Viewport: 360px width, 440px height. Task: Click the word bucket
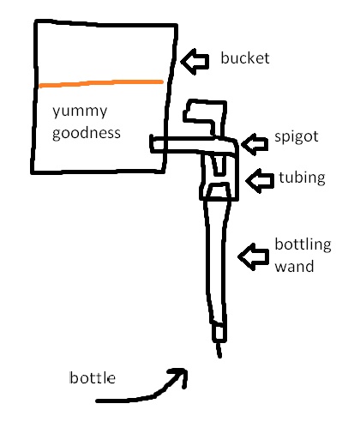click(x=245, y=58)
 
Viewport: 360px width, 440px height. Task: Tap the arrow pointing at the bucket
click(x=195, y=62)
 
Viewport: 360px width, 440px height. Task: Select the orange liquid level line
click(x=101, y=84)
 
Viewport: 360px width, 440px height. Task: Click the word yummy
click(x=80, y=112)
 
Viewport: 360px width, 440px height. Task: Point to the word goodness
click(x=87, y=134)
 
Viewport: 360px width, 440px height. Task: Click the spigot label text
click(x=297, y=136)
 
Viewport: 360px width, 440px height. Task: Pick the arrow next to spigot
click(x=255, y=144)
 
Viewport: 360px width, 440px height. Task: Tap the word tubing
click(x=302, y=178)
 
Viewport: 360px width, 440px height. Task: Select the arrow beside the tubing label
click(x=260, y=181)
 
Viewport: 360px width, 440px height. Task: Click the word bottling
click(x=303, y=244)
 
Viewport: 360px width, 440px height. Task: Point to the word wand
click(x=294, y=267)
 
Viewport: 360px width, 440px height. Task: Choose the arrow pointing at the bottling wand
click(x=254, y=256)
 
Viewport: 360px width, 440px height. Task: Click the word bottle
click(x=93, y=377)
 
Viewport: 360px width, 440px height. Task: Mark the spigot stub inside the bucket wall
click(x=158, y=144)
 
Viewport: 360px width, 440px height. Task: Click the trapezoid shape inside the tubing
click(x=219, y=190)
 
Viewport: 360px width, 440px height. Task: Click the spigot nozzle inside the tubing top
click(x=219, y=165)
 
